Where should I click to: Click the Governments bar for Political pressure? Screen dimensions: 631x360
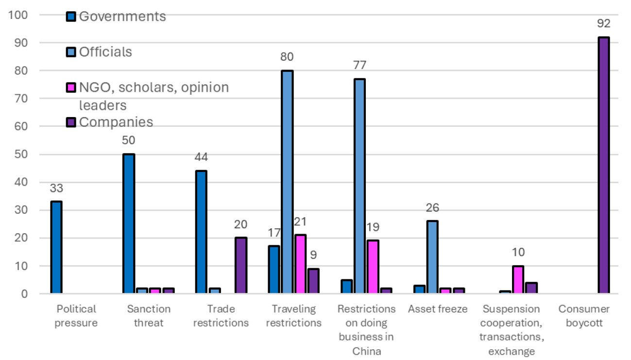click(56, 247)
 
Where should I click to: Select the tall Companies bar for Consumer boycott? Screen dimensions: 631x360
click(603, 165)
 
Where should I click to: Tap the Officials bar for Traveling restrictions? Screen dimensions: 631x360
click(287, 182)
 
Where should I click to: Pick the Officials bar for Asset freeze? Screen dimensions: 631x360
click(432, 257)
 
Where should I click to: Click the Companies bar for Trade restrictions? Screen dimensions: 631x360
click(241, 265)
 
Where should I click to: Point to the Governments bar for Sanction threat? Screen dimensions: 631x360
click(129, 223)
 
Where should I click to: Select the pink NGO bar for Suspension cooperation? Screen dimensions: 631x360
click(518, 279)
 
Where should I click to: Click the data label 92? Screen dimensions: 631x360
click(603, 23)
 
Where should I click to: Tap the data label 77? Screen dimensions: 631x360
click(360, 65)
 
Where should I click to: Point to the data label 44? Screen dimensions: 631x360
click(201, 157)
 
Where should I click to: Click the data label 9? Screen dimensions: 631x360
click(313, 255)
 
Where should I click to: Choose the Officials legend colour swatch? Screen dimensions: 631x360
click(71, 52)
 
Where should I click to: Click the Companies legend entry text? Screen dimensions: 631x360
click(116, 122)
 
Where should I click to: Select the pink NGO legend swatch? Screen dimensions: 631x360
click(71, 87)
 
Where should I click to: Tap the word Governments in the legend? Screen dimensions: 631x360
click(122, 17)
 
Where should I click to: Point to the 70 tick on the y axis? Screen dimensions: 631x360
click(21, 98)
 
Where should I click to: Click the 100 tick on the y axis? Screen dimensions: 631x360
click(18, 15)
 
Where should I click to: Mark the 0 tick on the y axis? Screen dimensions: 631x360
click(24, 294)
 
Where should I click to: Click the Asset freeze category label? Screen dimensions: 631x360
click(438, 309)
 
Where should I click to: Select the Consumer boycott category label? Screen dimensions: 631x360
click(584, 316)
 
